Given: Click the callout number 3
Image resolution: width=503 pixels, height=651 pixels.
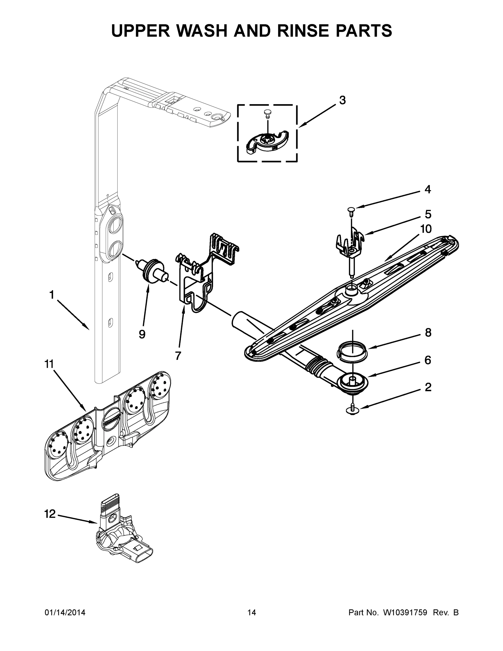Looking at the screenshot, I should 342,100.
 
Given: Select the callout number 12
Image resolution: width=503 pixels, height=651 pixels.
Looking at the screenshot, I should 50,513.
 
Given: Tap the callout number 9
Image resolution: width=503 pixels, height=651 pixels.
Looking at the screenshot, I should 142,334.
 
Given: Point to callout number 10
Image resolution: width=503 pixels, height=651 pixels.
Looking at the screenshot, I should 426,229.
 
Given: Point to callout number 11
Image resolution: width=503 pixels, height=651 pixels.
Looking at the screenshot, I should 49,364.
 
